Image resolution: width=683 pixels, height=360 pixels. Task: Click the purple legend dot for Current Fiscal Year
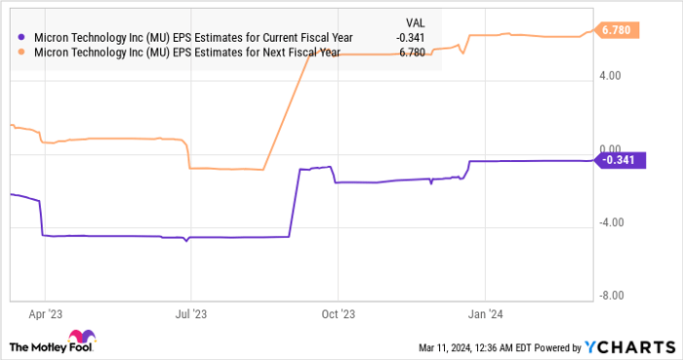point(22,37)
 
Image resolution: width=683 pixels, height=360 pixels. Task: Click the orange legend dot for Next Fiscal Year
point(22,52)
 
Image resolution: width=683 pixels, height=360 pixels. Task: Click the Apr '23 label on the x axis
point(45,314)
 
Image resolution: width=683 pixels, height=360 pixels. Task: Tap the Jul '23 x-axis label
point(190,314)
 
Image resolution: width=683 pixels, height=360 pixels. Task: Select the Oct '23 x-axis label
point(337,314)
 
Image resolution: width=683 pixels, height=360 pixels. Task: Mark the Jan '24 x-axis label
point(486,314)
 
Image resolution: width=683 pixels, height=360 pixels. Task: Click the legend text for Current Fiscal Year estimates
point(192,37)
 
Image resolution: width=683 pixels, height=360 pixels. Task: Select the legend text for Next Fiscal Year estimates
point(186,52)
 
